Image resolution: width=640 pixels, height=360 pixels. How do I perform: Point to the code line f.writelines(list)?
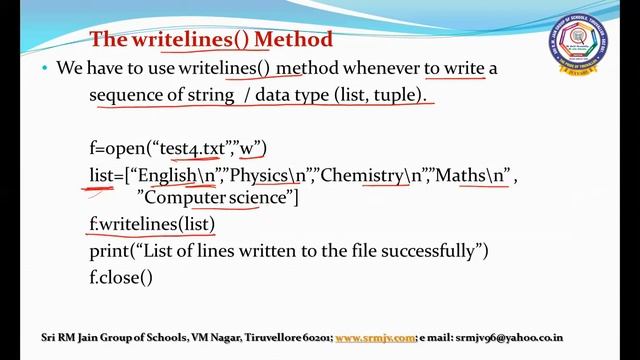[x=152, y=223]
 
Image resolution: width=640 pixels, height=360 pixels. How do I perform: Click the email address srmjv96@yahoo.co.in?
[x=509, y=338]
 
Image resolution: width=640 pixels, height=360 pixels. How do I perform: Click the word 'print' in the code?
[x=108, y=249]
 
